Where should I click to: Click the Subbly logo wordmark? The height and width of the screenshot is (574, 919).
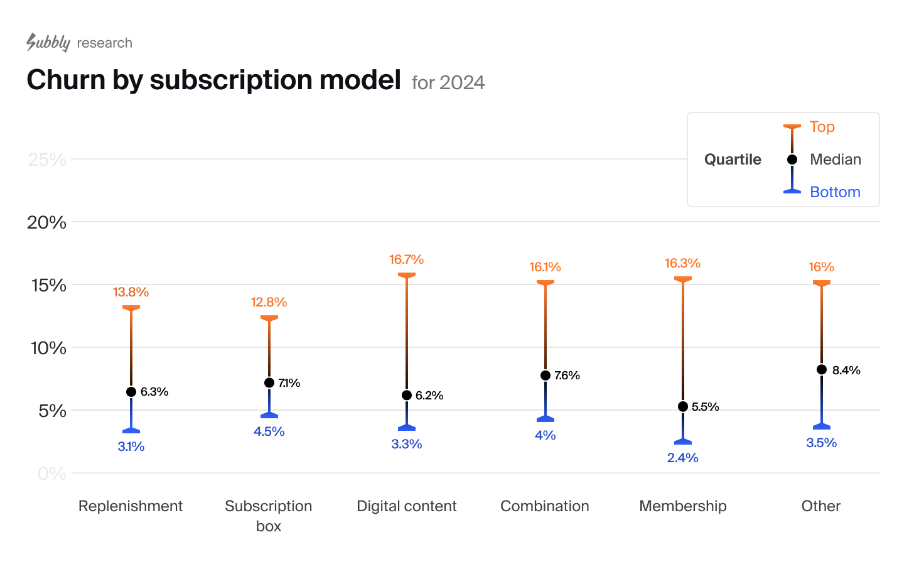[x=48, y=42]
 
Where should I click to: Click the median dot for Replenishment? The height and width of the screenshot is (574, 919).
[x=131, y=392]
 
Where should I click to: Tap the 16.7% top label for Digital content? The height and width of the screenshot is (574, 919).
[x=406, y=259]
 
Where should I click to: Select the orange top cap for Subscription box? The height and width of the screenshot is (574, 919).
[x=269, y=318]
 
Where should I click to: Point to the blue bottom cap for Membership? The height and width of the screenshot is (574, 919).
[x=683, y=441]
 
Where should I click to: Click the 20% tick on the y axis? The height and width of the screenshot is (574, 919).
[x=46, y=222]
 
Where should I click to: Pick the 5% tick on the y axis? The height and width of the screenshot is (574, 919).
[x=52, y=411]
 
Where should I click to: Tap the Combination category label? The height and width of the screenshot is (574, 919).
[x=545, y=506]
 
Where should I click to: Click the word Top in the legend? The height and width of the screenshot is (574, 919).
[x=822, y=127]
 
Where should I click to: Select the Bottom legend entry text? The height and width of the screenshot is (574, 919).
[x=835, y=192]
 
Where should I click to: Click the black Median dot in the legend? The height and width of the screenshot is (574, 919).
[x=792, y=160]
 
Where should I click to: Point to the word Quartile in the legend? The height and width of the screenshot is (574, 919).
[x=733, y=160]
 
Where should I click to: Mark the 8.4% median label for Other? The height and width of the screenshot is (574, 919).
[x=846, y=371]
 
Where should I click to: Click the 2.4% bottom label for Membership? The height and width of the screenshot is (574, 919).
[x=683, y=458]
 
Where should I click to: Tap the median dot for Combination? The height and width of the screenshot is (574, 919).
[x=545, y=376]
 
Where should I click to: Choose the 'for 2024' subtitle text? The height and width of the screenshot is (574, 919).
[x=448, y=83]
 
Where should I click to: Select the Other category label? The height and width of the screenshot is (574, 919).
[x=821, y=506]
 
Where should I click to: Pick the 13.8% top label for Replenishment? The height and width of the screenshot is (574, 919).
[x=131, y=292]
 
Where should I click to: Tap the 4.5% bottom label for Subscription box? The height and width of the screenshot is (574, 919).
[x=269, y=431]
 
